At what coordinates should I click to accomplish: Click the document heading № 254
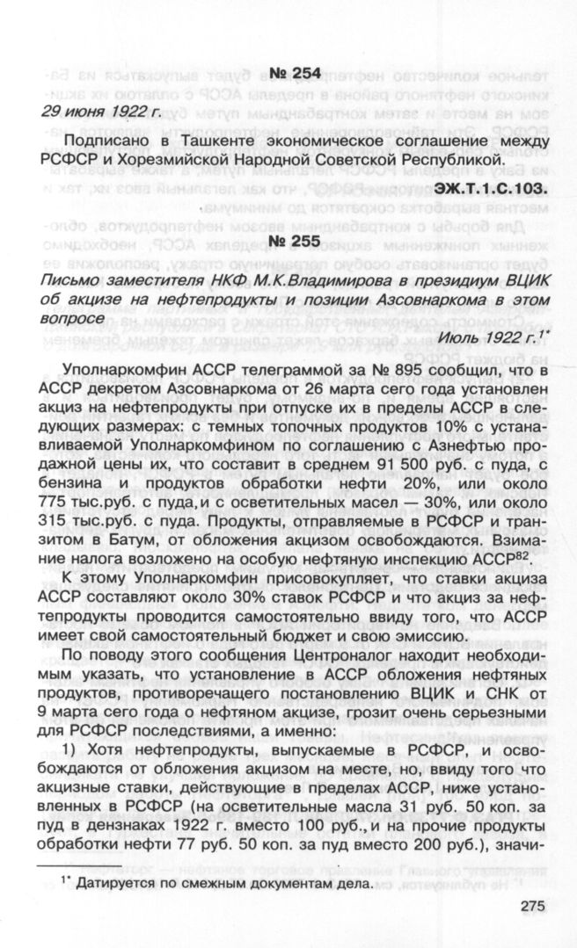tap(288, 72)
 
